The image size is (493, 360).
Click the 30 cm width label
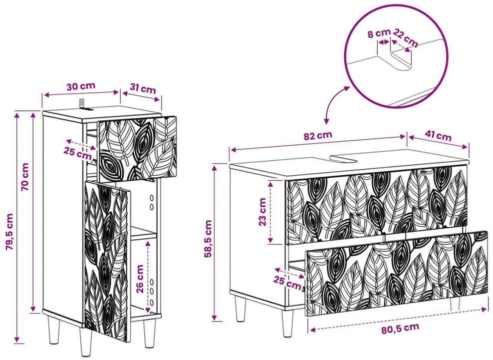(81, 86)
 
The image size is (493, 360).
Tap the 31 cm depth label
(143, 89)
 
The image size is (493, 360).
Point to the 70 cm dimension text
(25, 177)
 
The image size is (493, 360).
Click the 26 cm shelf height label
(140, 279)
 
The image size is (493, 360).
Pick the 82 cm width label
(318, 136)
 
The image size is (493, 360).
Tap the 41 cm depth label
(438, 136)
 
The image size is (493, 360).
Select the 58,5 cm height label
(208, 239)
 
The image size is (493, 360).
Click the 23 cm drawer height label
(262, 212)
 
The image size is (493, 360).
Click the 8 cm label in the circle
(379, 33)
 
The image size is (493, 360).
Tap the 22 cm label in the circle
(406, 38)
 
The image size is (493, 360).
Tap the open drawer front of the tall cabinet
(137, 149)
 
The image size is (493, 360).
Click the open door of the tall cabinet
(107, 261)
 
